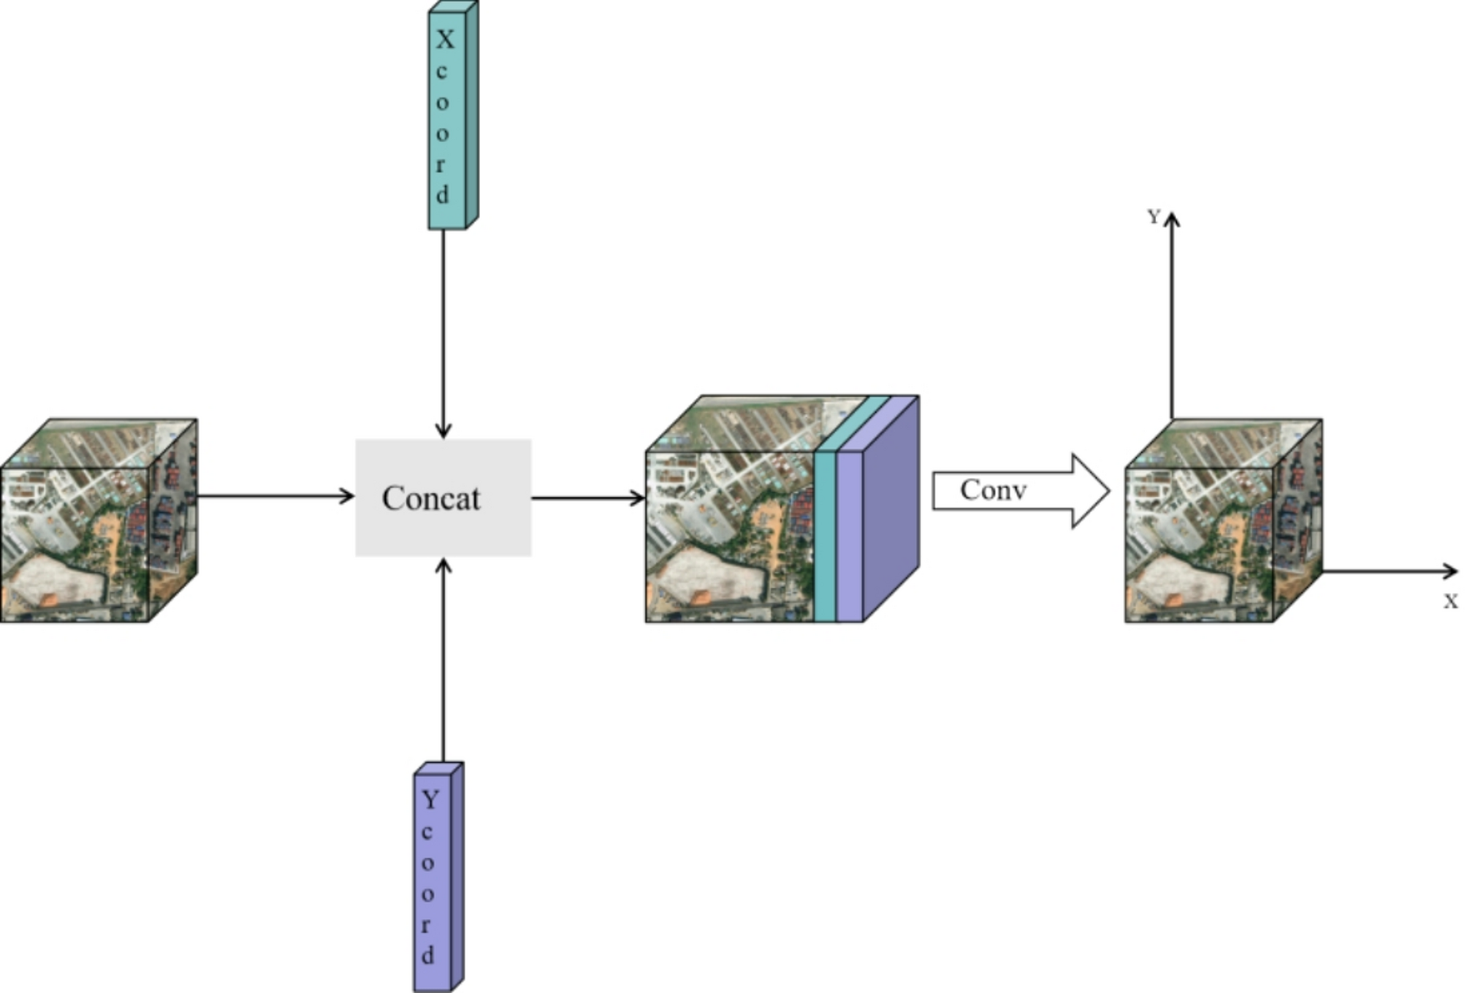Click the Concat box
click(443, 498)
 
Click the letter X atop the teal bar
click(445, 39)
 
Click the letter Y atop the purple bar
click(430, 800)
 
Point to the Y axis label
click(1154, 217)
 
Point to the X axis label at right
click(1450, 602)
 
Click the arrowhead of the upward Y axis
click(1172, 218)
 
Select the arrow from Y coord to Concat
click(443, 658)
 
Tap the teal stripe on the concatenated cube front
click(825, 537)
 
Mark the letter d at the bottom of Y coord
click(428, 955)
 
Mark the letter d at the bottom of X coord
click(443, 195)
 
